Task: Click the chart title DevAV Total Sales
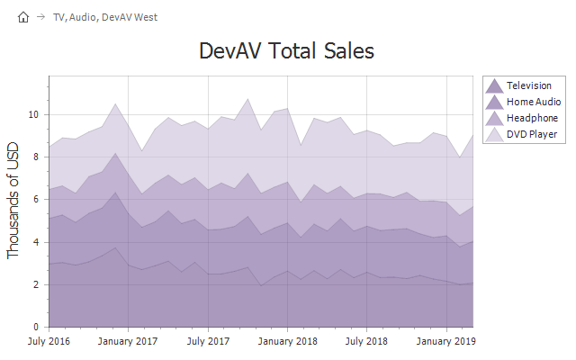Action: (286, 51)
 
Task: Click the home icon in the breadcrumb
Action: (23, 16)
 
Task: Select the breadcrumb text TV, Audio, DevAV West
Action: (105, 16)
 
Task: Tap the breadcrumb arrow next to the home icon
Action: (40, 16)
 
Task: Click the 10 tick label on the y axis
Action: (33, 115)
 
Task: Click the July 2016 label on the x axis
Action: (49, 342)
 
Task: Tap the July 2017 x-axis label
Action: (208, 342)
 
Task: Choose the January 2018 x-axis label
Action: (288, 342)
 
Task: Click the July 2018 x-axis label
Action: (367, 342)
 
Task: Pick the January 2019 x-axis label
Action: (447, 342)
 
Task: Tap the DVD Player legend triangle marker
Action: (494, 134)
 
